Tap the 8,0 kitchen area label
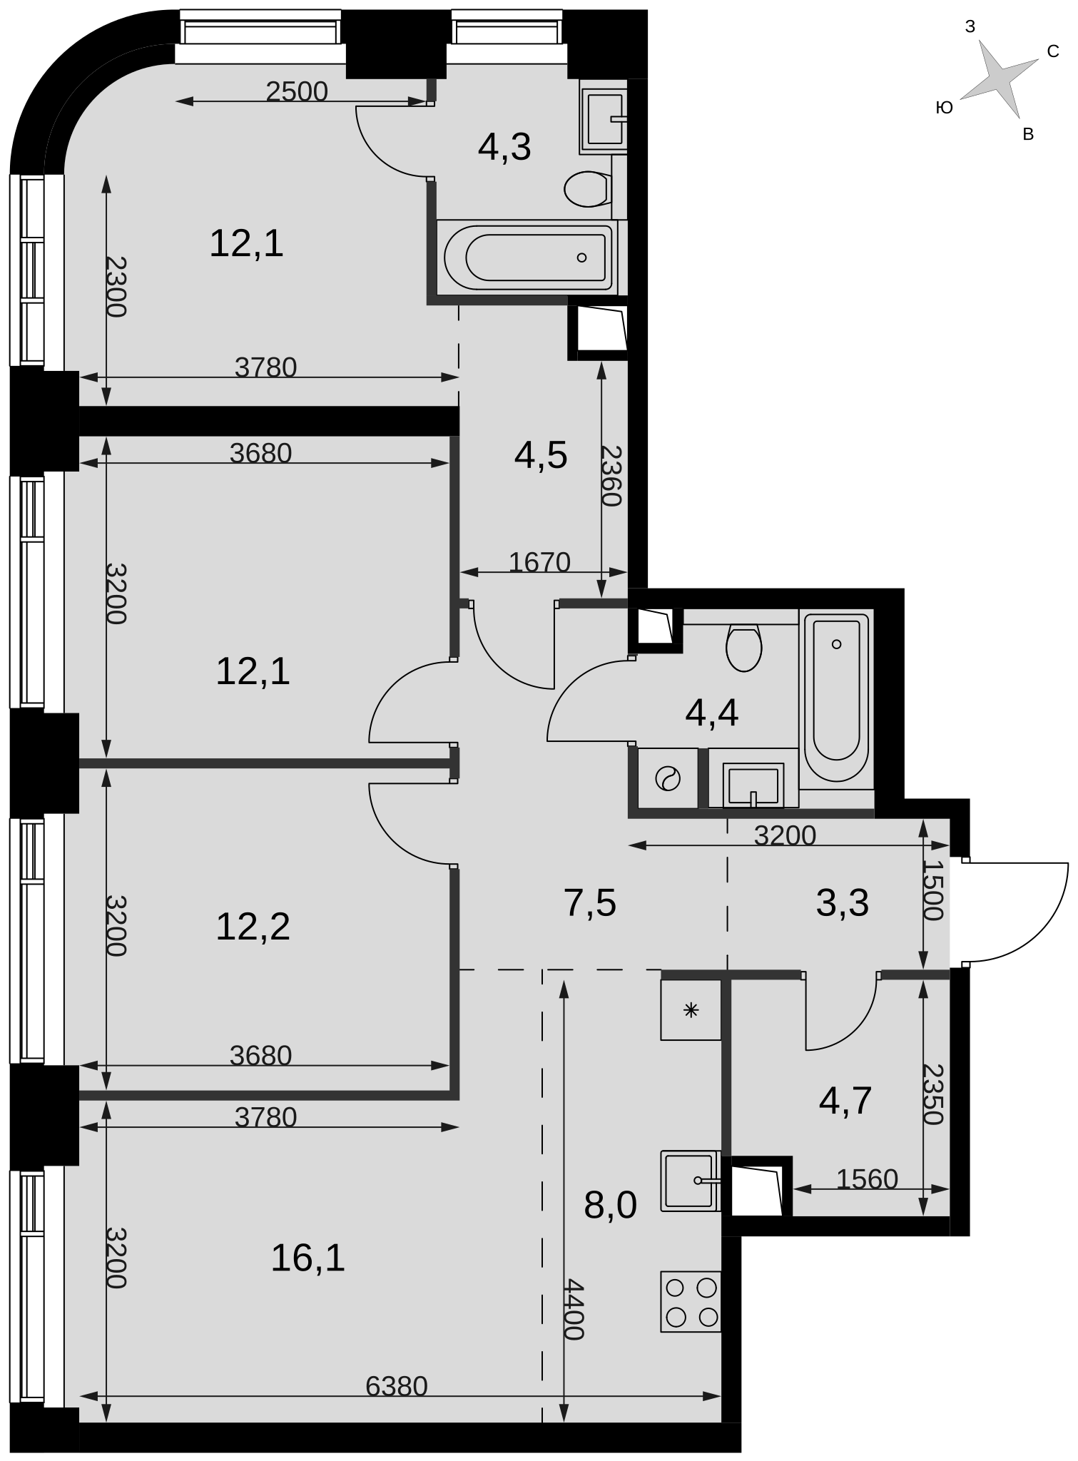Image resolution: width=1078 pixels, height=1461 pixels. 610,1206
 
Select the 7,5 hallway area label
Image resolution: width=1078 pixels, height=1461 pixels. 590,902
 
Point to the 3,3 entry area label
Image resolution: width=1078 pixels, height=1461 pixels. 843,902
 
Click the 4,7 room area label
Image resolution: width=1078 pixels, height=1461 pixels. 845,1100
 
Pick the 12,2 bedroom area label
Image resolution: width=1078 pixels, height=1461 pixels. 253,927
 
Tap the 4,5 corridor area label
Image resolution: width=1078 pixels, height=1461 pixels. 541,455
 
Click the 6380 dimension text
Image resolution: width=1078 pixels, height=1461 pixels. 397,1386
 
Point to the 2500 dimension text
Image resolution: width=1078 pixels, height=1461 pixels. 297,91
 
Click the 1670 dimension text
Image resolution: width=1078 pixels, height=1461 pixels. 540,562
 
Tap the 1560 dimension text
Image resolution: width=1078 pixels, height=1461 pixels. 867,1179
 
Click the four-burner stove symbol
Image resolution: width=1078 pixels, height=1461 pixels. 691,1301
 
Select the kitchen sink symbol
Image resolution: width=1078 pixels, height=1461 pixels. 691,1181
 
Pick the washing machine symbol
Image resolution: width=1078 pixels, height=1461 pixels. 668,778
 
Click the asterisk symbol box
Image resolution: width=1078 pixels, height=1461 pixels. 691,1009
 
